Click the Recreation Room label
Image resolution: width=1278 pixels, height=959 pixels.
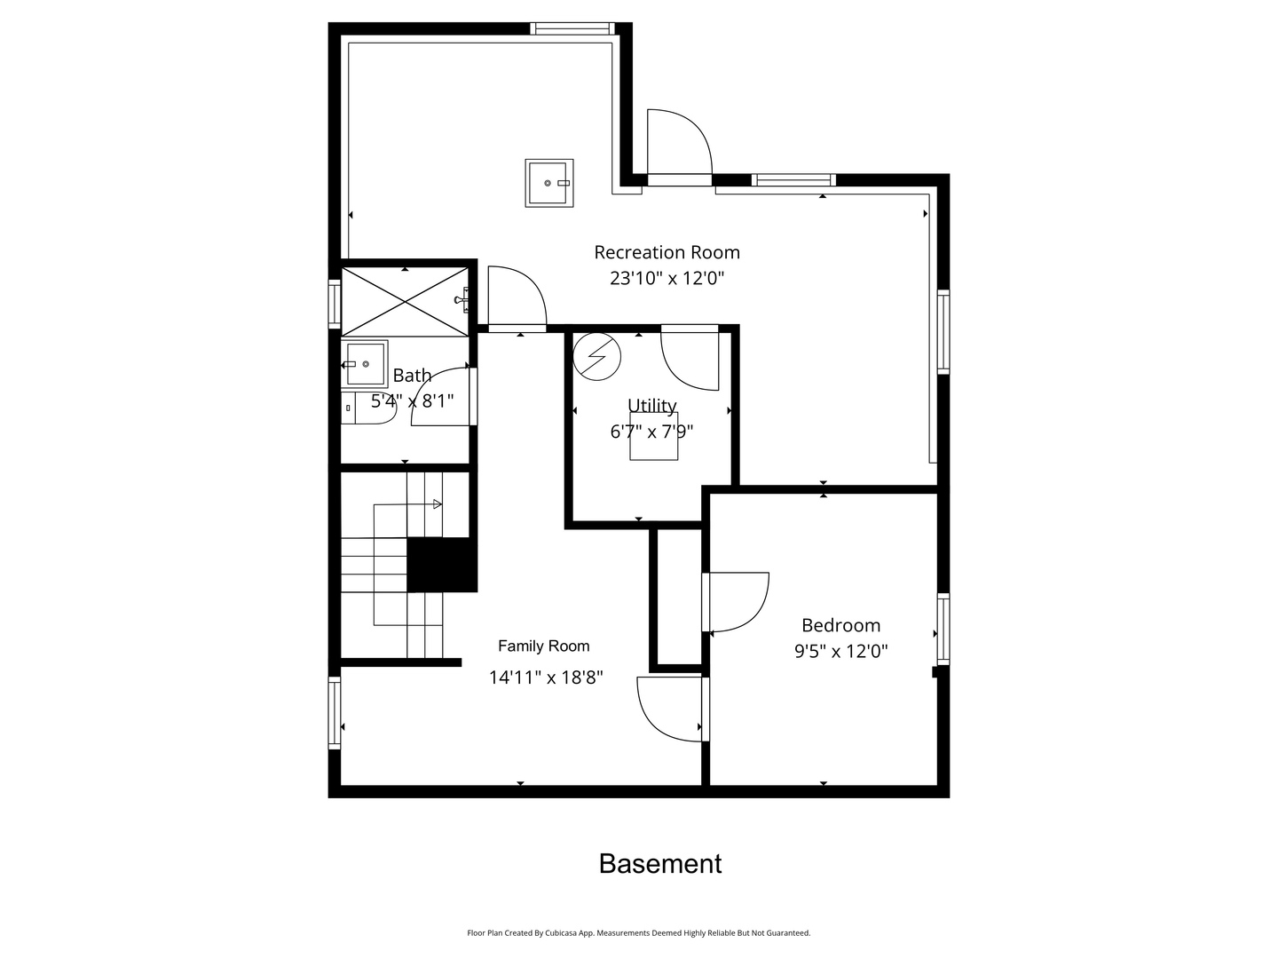[x=667, y=252]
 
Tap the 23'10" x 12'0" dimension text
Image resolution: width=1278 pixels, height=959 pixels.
[x=667, y=278]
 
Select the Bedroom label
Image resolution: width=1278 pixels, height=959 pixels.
[x=840, y=625]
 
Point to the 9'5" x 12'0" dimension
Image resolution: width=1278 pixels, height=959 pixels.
[x=840, y=651]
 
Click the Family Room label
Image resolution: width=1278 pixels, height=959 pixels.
[x=543, y=646]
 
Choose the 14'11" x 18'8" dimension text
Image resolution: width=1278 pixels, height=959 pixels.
[x=546, y=678]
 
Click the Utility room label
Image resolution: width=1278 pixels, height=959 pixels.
[x=651, y=406]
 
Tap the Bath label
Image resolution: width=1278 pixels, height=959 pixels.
[x=412, y=375]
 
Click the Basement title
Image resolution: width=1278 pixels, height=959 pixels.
[x=660, y=864]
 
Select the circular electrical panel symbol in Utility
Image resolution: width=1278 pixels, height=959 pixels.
[x=597, y=356]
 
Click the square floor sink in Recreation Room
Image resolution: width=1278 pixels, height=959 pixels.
[x=548, y=183]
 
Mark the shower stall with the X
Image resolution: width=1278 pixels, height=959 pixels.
[x=405, y=301]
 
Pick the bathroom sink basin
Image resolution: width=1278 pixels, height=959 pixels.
[x=365, y=364]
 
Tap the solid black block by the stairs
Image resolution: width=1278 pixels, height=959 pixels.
[x=441, y=565]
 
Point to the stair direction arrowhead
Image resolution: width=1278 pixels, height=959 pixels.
[x=437, y=504]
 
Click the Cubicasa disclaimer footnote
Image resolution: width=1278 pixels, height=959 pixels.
[x=638, y=933]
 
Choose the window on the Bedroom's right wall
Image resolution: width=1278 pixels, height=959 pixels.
[x=943, y=629]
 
